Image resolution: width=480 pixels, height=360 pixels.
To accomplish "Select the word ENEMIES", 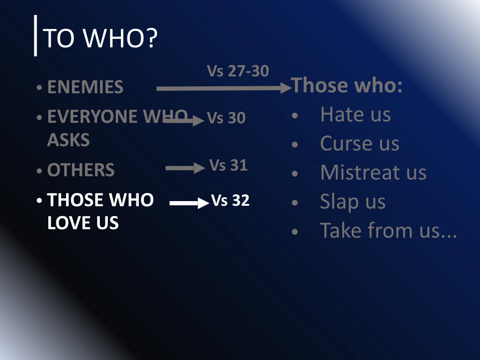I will click(85, 87).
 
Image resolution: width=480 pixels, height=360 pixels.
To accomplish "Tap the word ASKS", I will click(68, 140).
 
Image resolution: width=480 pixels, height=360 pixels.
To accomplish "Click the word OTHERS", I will click(81, 170).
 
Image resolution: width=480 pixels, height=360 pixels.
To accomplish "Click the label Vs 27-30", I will click(238, 71).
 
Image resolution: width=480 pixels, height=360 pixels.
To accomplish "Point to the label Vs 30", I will click(226, 118).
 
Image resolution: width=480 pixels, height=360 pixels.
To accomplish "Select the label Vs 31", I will click(228, 165).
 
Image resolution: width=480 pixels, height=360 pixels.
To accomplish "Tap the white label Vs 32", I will click(230, 201).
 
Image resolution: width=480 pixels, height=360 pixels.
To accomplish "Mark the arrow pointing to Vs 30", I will click(185, 120).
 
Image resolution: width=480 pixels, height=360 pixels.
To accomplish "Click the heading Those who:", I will click(347, 85).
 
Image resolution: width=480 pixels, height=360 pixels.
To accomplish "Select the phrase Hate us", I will click(355, 114).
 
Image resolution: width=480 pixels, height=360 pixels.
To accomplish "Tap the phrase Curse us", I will click(360, 143).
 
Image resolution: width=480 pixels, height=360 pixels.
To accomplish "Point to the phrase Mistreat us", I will click(373, 172).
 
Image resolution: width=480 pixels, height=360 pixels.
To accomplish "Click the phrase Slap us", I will click(352, 202).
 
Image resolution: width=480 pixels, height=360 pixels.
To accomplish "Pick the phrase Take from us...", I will click(388, 230).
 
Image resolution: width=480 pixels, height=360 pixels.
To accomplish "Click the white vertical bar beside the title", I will click(36, 36).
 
